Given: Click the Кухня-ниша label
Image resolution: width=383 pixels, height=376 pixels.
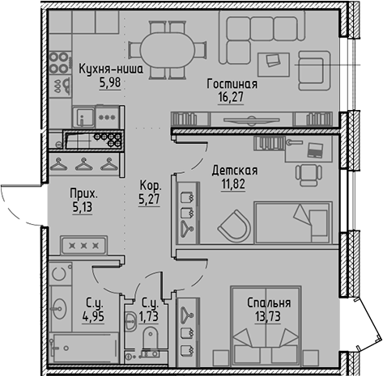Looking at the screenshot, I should point(111,70).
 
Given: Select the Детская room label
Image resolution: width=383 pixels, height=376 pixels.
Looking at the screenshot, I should point(235,171).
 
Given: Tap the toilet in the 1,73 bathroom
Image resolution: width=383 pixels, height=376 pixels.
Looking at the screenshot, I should point(150,339).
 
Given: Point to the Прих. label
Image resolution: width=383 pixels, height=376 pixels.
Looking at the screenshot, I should point(84,194).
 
